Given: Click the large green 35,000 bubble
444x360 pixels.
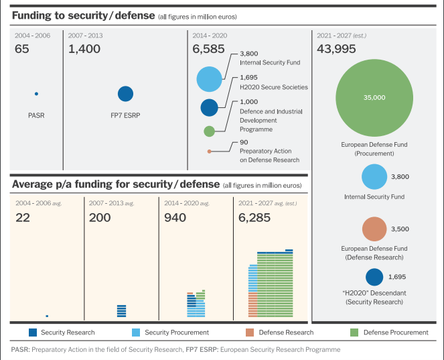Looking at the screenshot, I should click(374, 98).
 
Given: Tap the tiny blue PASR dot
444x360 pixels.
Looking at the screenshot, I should click(36, 94).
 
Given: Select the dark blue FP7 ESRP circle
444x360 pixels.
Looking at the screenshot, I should click(125, 95).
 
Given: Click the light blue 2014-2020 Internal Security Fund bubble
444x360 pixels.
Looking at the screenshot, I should click(210, 78).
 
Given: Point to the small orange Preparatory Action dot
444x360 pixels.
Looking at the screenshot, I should click(210, 152).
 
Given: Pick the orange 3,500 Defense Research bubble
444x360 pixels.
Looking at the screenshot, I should click(376, 229).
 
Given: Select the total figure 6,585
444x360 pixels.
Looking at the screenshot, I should click(206, 49).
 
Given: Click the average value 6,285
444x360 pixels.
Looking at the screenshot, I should click(255, 217).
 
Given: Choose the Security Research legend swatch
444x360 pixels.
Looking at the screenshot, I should click(33, 333).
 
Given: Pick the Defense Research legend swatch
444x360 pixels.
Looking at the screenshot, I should click(250, 333).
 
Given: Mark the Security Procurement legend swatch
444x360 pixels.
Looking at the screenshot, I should click(136, 333).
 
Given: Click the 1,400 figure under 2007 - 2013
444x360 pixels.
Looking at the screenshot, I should click(84, 49).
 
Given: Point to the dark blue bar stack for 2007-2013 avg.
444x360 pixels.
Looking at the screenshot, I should click(121, 310).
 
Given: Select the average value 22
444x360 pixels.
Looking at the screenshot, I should click(23, 217).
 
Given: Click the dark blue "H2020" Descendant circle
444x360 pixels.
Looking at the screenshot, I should click(374, 277).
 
